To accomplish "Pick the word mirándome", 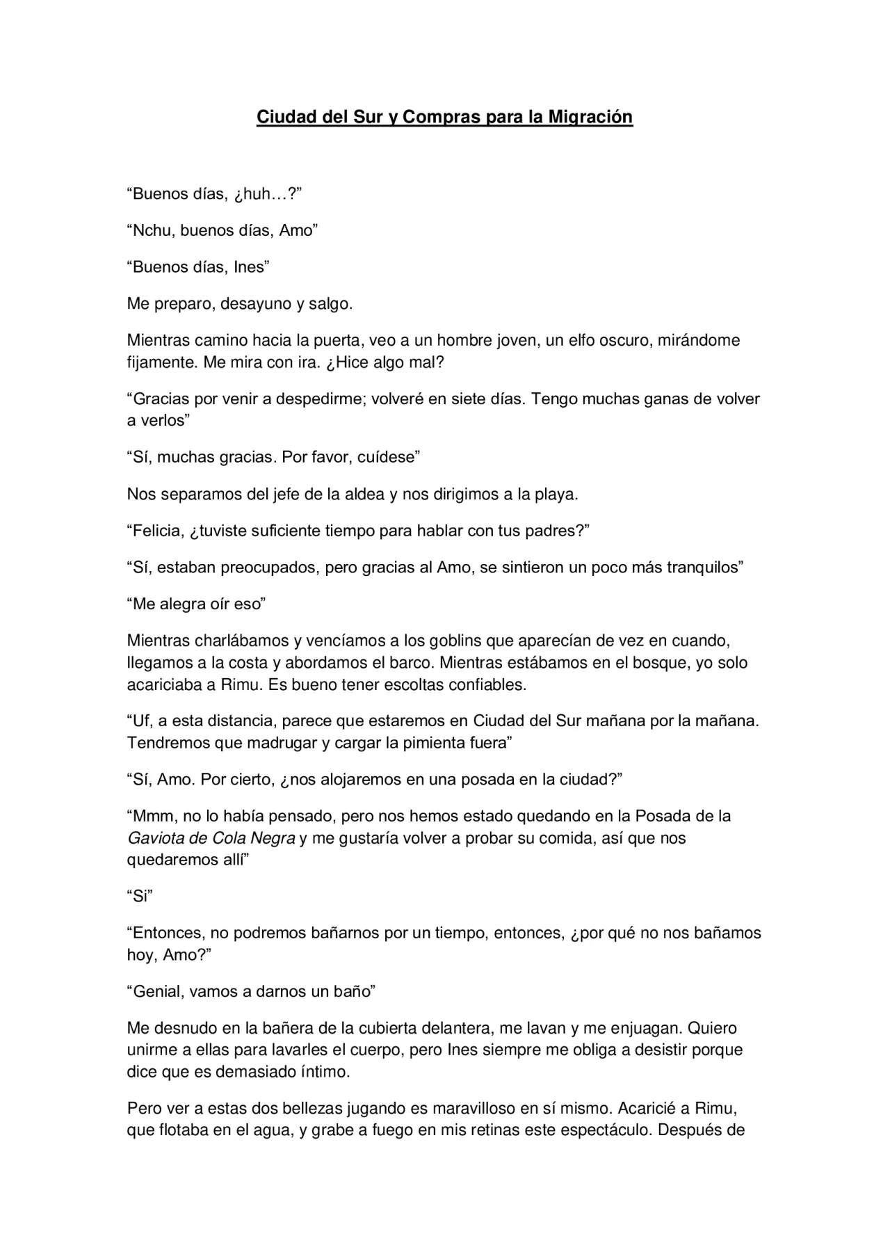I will pos(697,340).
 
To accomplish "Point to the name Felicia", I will pos(156,531).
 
